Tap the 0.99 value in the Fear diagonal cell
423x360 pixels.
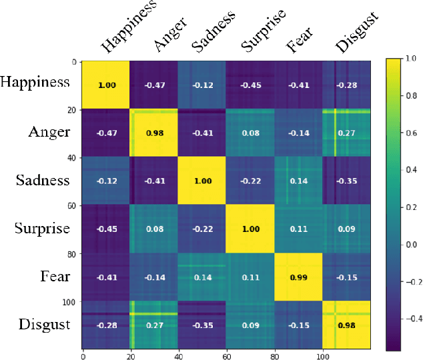pyautogui.click(x=298, y=277)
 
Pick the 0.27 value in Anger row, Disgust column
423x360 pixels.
pyautogui.click(x=347, y=133)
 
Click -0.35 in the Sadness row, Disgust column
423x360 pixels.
pyautogui.click(x=347, y=181)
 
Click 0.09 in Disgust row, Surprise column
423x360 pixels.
pyautogui.click(x=250, y=325)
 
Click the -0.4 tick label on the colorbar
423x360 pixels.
pyautogui.click(x=412, y=319)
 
